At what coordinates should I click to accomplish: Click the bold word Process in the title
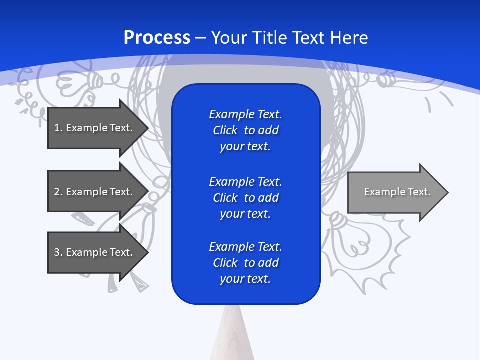click(157, 37)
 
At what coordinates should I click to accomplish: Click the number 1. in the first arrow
click(58, 128)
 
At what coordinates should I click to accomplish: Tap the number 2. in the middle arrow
click(58, 192)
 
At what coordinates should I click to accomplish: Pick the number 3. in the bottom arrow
click(58, 252)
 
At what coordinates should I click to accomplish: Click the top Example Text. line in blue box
click(245, 114)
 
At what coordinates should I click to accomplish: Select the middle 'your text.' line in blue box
click(245, 214)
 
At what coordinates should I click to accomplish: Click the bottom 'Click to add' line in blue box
click(245, 263)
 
